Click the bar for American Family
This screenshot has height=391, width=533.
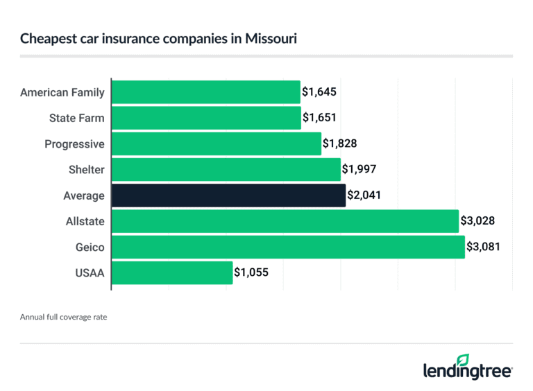(205, 92)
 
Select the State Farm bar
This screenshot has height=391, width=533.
(206, 118)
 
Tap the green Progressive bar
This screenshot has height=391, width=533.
(216, 144)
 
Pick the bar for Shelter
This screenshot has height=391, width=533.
(226, 170)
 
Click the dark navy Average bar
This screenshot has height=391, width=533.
(228, 195)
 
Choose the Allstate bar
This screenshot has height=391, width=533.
(285, 221)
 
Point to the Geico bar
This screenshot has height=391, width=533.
(287, 247)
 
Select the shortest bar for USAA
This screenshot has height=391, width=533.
(171, 272)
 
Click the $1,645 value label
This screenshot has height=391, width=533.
(319, 92)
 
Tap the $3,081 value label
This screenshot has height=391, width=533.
(483, 247)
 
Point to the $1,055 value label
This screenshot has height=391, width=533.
(251, 272)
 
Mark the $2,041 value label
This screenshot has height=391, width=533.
(364, 195)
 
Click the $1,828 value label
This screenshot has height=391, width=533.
(340, 144)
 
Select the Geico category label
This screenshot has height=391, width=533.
(90, 247)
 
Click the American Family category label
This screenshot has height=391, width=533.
(62, 92)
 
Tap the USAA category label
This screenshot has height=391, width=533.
(90, 272)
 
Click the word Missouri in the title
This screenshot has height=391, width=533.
(273, 39)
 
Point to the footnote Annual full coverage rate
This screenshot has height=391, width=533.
(63, 317)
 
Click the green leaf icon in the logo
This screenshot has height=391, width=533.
(463, 360)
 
